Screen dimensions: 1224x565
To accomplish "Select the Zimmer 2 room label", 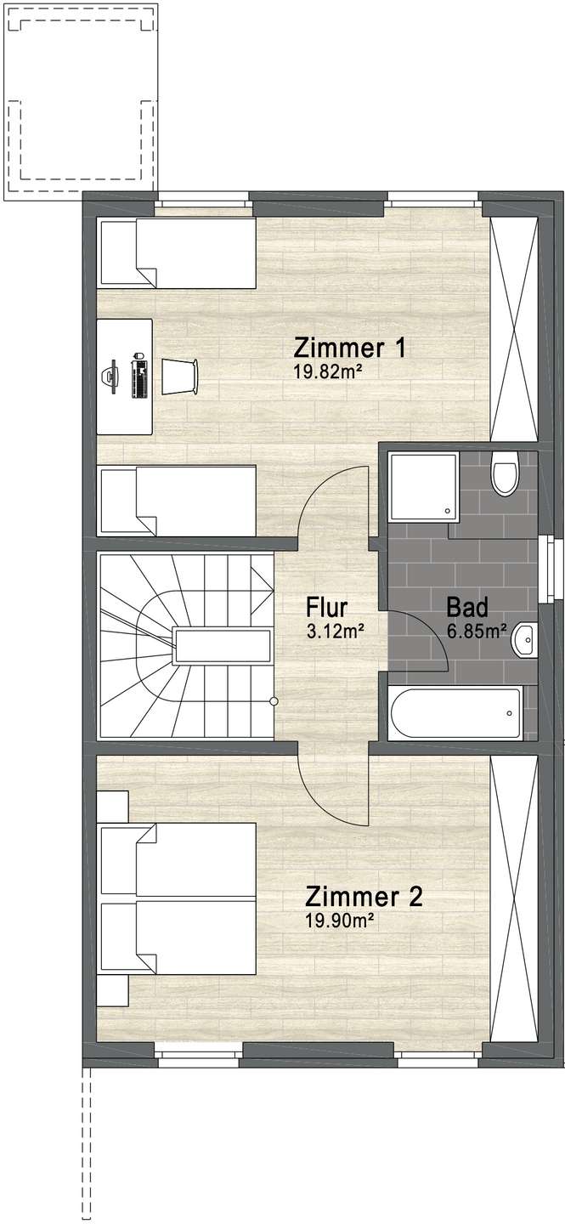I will [364, 897].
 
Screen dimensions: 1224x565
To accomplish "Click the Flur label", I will [327, 608].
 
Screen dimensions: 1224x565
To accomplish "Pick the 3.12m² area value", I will [336, 631].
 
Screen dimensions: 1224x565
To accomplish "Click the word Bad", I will [466, 608].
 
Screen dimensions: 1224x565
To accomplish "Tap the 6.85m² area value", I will [477, 631].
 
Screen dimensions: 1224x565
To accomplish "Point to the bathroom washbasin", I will [527, 639].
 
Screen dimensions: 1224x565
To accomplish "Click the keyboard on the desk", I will [139, 378].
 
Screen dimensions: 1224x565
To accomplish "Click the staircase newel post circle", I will [274, 701].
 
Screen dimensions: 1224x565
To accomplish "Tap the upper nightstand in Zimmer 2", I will [112, 806].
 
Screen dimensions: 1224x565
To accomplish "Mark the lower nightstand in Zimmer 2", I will [112, 990].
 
